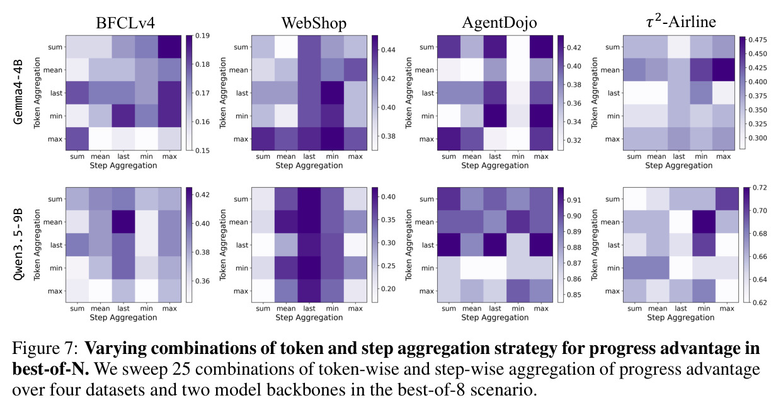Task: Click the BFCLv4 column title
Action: pyautogui.click(x=125, y=23)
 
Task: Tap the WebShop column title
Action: pyautogui.click(x=314, y=23)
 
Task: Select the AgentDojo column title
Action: pyautogui.click(x=499, y=23)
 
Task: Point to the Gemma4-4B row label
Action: pyautogui.click(x=18, y=93)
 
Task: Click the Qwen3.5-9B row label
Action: pyautogui.click(x=18, y=244)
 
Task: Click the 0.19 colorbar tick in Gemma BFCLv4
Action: pyautogui.click(x=202, y=36)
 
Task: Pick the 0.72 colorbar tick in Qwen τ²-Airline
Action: pyautogui.click(x=760, y=188)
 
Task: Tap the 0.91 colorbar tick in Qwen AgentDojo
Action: pyautogui.click(x=574, y=200)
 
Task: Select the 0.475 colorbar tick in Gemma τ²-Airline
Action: pyautogui.click(x=758, y=40)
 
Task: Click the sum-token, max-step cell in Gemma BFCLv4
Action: pyautogui.click(x=169, y=47)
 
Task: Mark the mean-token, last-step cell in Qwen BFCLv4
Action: pyautogui.click(x=123, y=222)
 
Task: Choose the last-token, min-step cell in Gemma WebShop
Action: pyautogui.click(x=332, y=93)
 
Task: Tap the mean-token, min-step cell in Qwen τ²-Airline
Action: pyautogui.click(x=704, y=222)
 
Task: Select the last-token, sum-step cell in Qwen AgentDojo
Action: pyautogui.click(x=449, y=245)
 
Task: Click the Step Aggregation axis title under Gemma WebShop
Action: pyautogui.click(x=309, y=166)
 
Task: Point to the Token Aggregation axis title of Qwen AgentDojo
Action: pyautogui.click(x=409, y=244)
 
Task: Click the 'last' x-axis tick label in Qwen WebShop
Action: pyautogui.click(x=309, y=309)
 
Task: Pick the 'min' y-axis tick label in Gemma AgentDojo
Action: pyautogui.click(x=427, y=116)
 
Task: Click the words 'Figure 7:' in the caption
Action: pyautogui.click(x=44, y=349)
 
